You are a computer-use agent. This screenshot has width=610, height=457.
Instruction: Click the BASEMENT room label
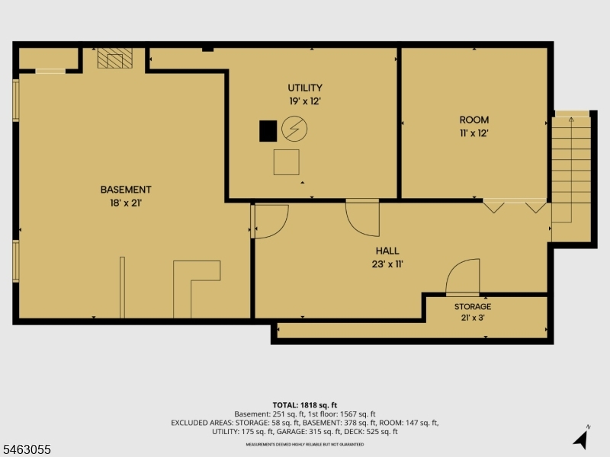[126, 190]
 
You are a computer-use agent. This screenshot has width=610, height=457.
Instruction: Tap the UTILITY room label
[305, 88]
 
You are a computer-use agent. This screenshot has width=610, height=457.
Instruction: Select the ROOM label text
[474, 120]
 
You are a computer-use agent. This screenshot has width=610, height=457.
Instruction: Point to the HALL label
[387, 251]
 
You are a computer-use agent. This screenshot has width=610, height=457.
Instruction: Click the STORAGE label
[473, 307]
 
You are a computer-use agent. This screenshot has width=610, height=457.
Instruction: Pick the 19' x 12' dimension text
[305, 101]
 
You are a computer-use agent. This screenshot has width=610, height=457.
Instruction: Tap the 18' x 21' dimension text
[126, 203]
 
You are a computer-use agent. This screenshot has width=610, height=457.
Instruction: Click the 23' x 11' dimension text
[387, 264]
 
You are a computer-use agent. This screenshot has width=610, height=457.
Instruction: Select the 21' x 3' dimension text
[473, 318]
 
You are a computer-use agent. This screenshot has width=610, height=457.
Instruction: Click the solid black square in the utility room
[268, 131]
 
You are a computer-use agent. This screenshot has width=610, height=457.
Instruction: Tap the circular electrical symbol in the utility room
[294, 129]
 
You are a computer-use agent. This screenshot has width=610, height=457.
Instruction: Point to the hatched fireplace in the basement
[115, 59]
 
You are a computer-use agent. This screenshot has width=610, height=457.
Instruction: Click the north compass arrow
[581, 439]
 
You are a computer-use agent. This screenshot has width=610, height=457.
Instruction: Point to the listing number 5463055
[26, 449]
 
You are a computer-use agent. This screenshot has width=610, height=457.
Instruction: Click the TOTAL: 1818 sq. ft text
[304, 405]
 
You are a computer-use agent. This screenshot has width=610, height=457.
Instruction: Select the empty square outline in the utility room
[287, 162]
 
